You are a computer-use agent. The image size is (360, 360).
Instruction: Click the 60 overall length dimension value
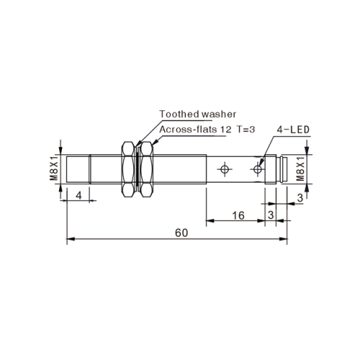point(181,233)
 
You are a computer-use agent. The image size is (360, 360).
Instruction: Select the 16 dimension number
point(238,215)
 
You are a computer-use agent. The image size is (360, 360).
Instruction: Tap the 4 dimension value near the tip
point(78,196)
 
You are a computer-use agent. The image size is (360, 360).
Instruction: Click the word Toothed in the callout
point(179,114)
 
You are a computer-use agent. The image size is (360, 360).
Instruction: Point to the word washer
point(219,114)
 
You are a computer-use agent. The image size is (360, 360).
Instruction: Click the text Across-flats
point(188,130)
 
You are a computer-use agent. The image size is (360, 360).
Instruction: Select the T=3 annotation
point(246,130)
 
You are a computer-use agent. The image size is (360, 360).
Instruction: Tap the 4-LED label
point(293,130)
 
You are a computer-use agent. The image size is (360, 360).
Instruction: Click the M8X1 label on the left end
point(55,168)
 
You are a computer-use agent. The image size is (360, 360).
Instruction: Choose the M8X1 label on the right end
point(300,168)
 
